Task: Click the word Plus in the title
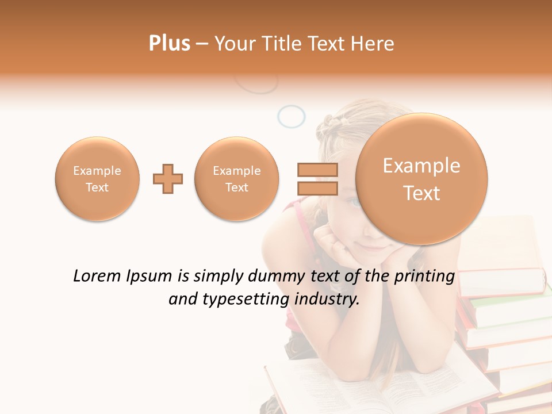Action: click(x=169, y=44)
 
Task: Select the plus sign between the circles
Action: click(x=168, y=179)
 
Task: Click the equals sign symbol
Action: click(x=317, y=179)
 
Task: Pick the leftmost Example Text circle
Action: click(x=97, y=179)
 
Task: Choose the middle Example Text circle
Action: click(x=236, y=179)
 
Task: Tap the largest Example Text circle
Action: click(x=421, y=179)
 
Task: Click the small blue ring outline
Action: click(x=291, y=116)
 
